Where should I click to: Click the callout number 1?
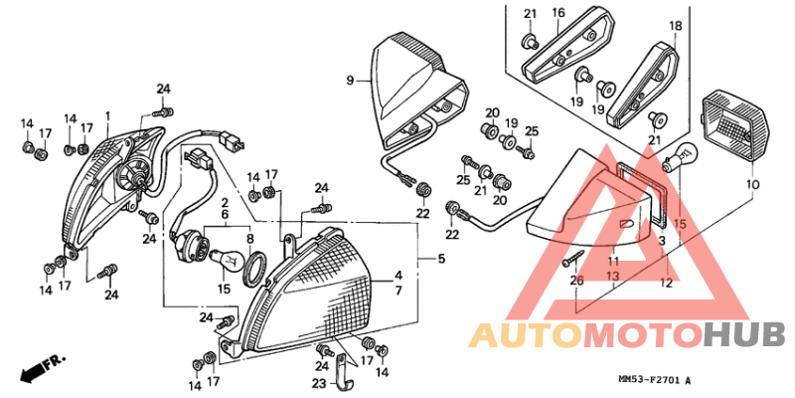[x=106, y=115]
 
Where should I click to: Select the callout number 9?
[x=350, y=79]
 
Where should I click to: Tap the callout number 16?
[x=557, y=12]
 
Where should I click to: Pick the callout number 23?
[x=318, y=383]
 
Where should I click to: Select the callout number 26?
[x=577, y=281]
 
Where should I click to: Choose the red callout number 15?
[x=680, y=225]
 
